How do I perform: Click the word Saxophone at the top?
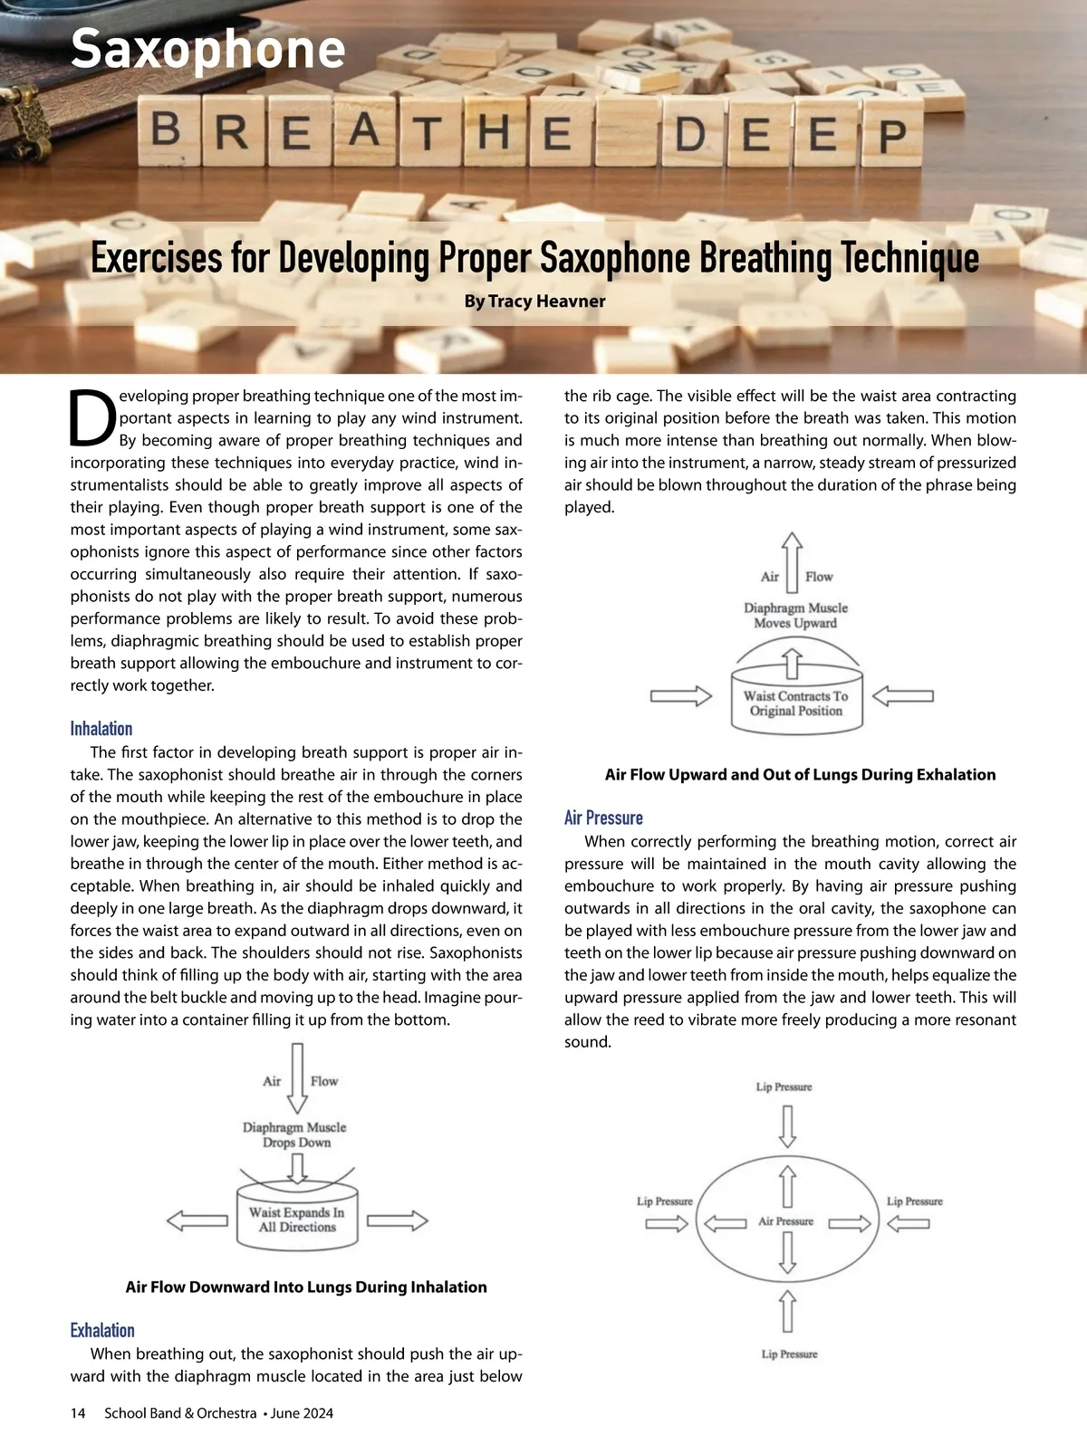click(207, 49)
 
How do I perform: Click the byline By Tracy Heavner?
click(534, 301)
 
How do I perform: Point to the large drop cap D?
click(92, 418)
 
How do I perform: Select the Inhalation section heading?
click(101, 729)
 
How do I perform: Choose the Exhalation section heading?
click(102, 1330)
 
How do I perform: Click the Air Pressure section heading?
click(603, 818)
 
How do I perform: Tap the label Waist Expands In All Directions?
click(297, 1220)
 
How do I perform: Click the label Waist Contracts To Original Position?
click(796, 703)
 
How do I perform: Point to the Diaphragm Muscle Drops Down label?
click(294, 1134)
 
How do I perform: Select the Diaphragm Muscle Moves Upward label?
click(795, 616)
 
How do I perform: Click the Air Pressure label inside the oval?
click(785, 1221)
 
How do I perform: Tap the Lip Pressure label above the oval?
click(784, 1086)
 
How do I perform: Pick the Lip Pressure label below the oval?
click(789, 1354)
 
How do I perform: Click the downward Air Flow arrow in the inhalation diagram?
click(296, 1077)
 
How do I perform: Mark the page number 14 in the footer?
click(78, 1413)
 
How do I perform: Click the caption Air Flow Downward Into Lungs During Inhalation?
click(306, 1287)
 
